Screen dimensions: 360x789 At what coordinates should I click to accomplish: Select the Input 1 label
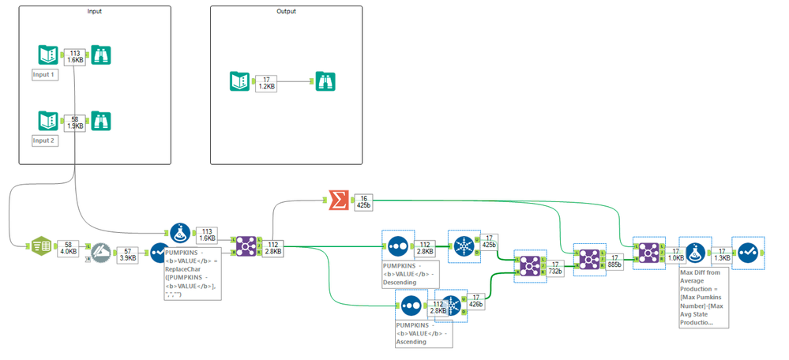pos(44,74)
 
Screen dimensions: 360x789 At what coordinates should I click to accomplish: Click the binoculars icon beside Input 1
pos(101,54)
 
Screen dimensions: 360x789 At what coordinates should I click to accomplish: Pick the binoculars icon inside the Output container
pos(325,81)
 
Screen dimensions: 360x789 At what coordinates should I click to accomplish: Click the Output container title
pos(286,12)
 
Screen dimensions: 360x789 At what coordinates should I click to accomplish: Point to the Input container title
pos(94,12)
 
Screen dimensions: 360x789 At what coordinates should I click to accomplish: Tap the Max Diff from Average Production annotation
pos(703,296)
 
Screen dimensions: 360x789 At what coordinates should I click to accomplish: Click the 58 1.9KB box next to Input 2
pos(74,121)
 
